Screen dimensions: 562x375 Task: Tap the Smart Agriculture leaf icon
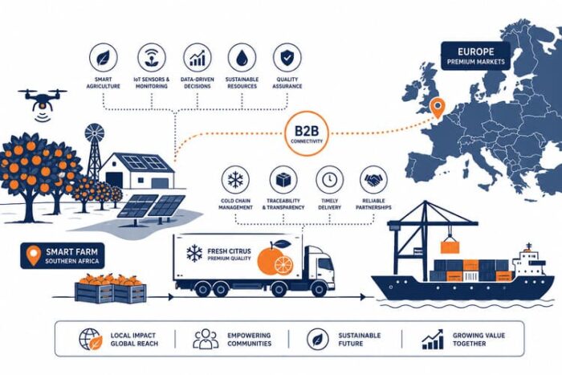pyautogui.click(x=104, y=57)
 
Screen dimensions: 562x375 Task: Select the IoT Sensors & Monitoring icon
pyautogui.click(x=152, y=57)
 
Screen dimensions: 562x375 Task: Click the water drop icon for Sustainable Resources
pyautogui.click(x=242, y=57)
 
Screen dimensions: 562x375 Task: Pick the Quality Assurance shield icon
pyautogui.click(x=287, y=57)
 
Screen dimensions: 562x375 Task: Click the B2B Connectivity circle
pyautogui.click(x=307, y=133)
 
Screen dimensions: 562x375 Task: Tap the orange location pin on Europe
pyautogui.click(x=438, y=108)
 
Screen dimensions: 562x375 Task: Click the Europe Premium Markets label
pyautogui.click(x=475, y=56)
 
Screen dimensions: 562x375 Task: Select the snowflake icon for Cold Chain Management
pyautogui.click(x=235, y=180)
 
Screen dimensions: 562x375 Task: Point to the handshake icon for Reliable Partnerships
pyautogui.click(x=373, y=180)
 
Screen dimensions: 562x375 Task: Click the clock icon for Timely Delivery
pyautogui.click(x=329, y=180)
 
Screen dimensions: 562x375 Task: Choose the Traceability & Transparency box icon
pyautogui.click(x=283, y=180)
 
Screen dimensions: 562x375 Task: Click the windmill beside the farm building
pyautogui.click(x=95, y=151)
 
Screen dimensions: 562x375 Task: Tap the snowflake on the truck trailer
pyautogui.click(x=194, y=253)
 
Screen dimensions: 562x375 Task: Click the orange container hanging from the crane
pyautogui.click(x=450, y=247)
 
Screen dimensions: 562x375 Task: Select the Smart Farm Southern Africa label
pyautogui.click(x=63, y=256)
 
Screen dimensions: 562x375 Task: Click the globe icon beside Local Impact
pyautogui.click(x=90, y=339)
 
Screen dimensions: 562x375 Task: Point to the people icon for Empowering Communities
pyautogui.click(x=206, y=339)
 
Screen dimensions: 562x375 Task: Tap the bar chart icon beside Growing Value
pyautogui.click(x=433, y=339)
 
